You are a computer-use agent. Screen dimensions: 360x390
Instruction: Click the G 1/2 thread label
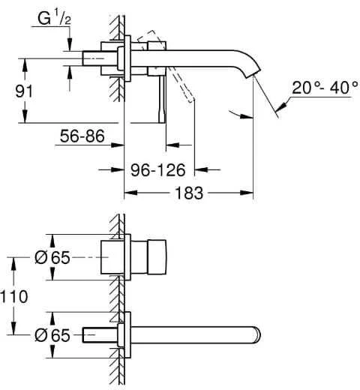pyautogui.click(x=54, y=19)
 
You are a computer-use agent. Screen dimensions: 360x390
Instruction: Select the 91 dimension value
pyautogui.click(x=24, y=91)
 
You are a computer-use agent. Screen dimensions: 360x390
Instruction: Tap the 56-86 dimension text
pyautogui.click(x=82, y=136)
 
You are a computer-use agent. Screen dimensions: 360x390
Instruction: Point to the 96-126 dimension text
pyautogui.click(x=158, y=170)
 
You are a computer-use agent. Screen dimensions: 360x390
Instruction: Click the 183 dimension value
pyautogui.click(x=189, y=193)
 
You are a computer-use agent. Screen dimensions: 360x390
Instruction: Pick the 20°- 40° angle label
pyautogui.click(x=325, y=88)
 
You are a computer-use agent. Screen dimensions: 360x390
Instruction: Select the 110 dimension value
pyautogui.click(x=14, y=297)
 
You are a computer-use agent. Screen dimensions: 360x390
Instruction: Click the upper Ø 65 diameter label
pyautogui.click(x=52, y=257)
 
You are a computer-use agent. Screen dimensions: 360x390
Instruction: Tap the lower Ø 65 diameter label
pyautogui.click(x=52, y=335)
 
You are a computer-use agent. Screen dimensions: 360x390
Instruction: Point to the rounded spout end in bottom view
pyautogui.click(x=257, y=334)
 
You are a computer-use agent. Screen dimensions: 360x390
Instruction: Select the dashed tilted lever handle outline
pyautogui.click(x=166, y=66)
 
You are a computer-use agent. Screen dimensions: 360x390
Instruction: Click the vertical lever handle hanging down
pyautogui.click(x=162, y=100)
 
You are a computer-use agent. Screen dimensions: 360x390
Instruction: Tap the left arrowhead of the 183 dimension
pyautogui.click(x=130, y=193)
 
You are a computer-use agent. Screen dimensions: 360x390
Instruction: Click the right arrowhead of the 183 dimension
pyautogui.click(x=247, y=193)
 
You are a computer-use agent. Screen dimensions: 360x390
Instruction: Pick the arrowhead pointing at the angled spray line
pyautogui.click(x=281, y=106)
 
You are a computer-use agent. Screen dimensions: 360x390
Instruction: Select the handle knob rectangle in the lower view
pyautogui.click(x=157, y=257)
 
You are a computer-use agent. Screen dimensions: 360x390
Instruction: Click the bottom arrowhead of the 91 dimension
pyautogui.click(x=25, y=116)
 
